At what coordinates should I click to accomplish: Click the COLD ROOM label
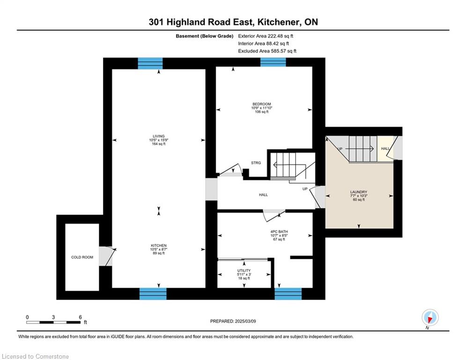click(82, 257)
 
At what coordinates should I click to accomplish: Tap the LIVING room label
click(159, 136)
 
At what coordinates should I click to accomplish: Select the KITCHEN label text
click(159, 246)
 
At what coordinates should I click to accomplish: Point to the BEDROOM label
click(262, 104)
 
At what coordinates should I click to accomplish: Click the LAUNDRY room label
click(359, 192)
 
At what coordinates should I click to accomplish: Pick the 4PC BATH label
click(279, 232)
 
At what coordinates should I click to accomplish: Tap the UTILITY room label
click(244, 270)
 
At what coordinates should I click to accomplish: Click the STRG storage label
click(256, 163)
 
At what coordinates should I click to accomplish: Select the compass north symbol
click(430, 317)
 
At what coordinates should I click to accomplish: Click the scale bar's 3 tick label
click(53, 317)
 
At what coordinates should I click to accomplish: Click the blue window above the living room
click(150, 63)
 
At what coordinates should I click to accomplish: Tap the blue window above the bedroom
click(273, 62)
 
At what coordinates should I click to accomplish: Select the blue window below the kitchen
click(153, 293)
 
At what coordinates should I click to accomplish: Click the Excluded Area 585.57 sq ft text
click(267, 51)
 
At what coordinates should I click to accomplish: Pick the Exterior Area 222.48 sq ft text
click(266, 36)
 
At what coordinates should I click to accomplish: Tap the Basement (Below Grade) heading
click(205, 36)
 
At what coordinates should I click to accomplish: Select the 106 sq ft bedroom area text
click(262, 112)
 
